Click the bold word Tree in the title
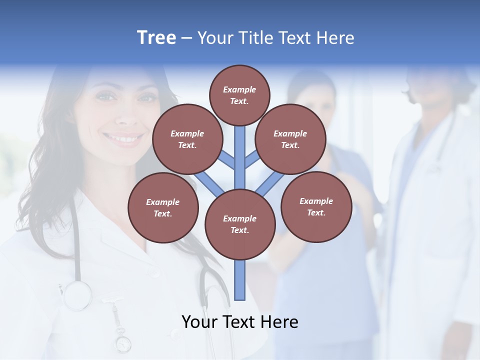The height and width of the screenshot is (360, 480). [x=156, y=37]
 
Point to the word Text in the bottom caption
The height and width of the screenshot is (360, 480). [x=241, y=321]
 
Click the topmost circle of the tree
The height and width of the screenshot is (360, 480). [x=239, y=95]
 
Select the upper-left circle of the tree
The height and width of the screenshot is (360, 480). [x=187, y=139]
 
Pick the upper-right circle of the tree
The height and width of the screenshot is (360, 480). [x=290, y=139]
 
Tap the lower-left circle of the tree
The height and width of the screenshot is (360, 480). [x=163, y=207]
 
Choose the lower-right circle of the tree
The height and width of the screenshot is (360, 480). [x=316, y=206]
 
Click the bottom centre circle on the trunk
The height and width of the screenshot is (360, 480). [x=240, y=224]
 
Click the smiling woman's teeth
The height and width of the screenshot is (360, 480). [x=122, y=137]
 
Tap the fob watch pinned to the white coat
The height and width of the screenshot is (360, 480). [x=122, y=343]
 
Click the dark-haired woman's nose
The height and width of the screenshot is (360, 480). [x=126, y=115]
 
